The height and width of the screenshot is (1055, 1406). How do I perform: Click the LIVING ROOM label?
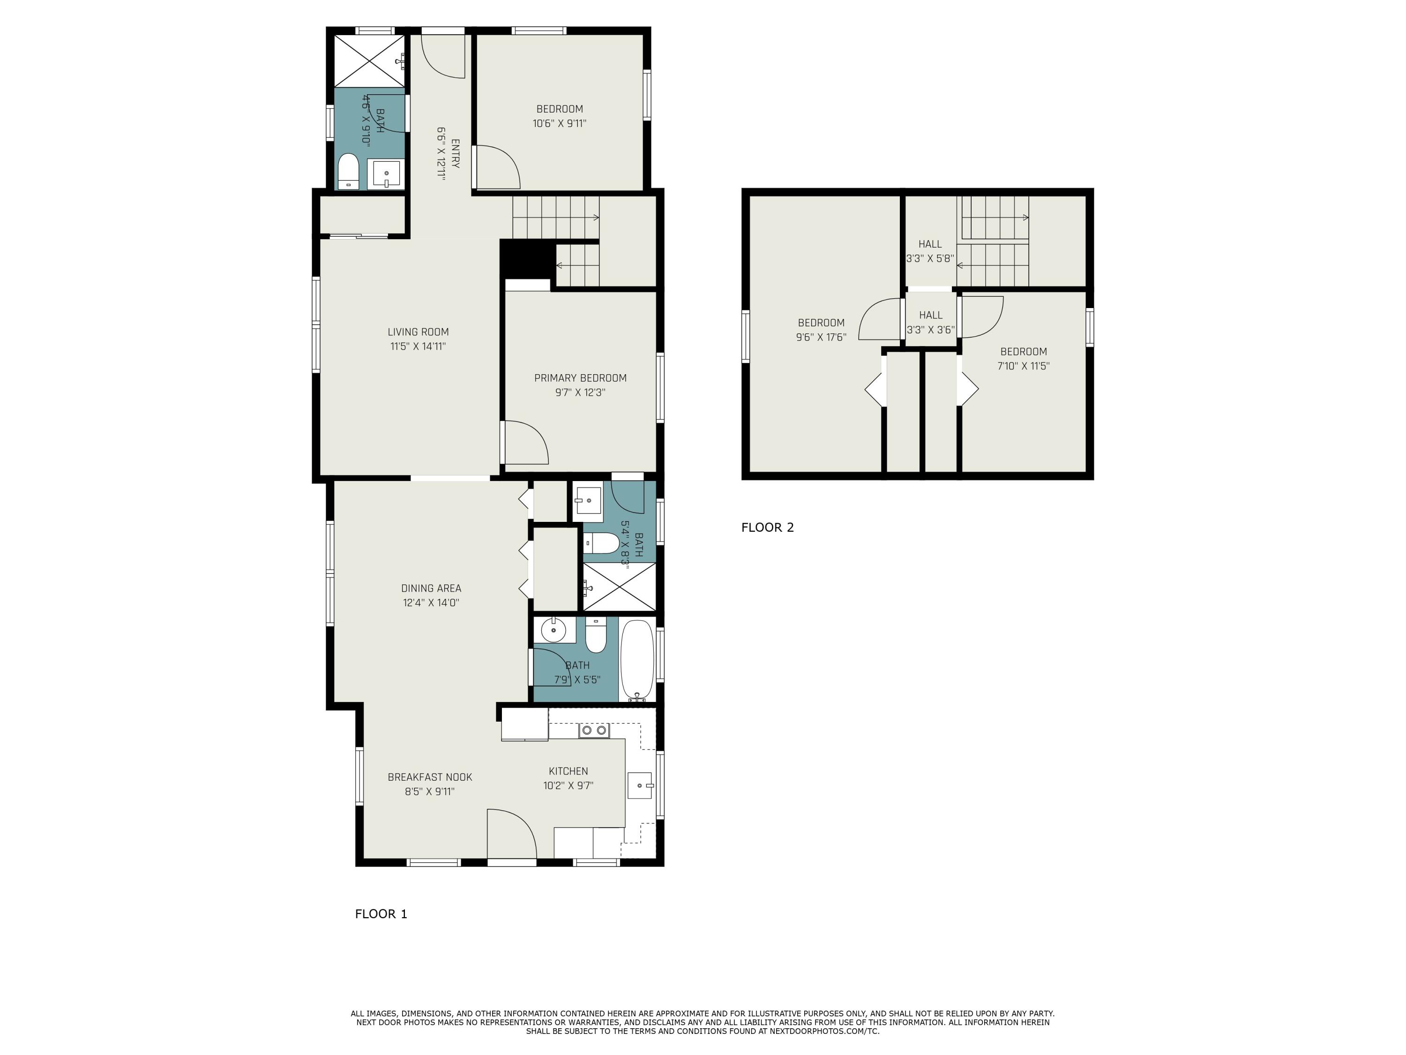[418, 332]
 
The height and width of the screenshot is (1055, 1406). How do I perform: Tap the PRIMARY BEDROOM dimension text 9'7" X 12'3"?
[580, 392]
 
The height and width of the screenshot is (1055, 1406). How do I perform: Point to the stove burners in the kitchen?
[594, 730]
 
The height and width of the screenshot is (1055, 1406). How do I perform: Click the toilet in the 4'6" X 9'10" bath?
[348, 170]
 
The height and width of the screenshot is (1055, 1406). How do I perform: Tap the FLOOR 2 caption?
[767, 527]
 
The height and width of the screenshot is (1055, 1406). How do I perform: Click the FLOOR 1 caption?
[381, 914]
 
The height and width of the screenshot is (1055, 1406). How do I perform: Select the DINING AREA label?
[431, 588]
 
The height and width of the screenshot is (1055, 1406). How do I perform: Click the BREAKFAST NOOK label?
[430, 776]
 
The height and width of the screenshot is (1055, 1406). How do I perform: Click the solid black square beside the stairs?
[526, 258]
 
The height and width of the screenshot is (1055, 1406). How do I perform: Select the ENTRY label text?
[455, 153]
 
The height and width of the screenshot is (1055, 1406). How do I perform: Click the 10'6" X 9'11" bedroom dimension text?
[559, 123]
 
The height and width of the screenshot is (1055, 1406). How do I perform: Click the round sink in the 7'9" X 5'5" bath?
[553, 630]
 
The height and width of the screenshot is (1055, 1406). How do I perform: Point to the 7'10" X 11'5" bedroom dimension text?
[1023, 366]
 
